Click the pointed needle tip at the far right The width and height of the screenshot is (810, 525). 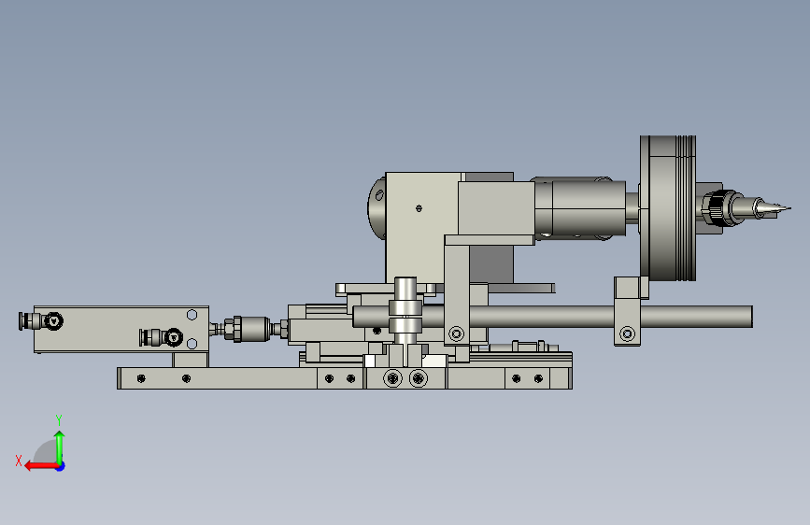[x=789, y=208]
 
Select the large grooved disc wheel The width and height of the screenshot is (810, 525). [x=668, y=208]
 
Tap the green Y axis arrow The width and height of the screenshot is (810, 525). [x=60, y=447]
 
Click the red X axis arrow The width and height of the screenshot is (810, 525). [x=41, y=466]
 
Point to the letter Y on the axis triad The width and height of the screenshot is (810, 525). [x=59, y=419]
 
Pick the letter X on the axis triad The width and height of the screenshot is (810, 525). [x=19, y=461]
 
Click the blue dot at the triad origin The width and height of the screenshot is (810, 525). [x=61, y=466]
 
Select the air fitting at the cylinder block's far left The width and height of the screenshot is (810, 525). [x=40, y=321]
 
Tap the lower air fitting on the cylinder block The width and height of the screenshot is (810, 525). [x=161, y=337]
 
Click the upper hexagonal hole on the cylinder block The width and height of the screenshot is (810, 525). [x=192, y=315]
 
